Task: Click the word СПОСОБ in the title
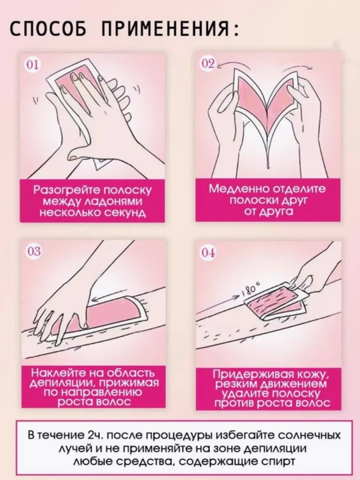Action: coord(48,29)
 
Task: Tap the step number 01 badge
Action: coord(33,65)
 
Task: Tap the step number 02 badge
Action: coord(208,64)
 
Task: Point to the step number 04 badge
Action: coord(208,253)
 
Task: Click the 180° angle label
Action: coord(252,289)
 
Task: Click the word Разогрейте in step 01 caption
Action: coord(67,190)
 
